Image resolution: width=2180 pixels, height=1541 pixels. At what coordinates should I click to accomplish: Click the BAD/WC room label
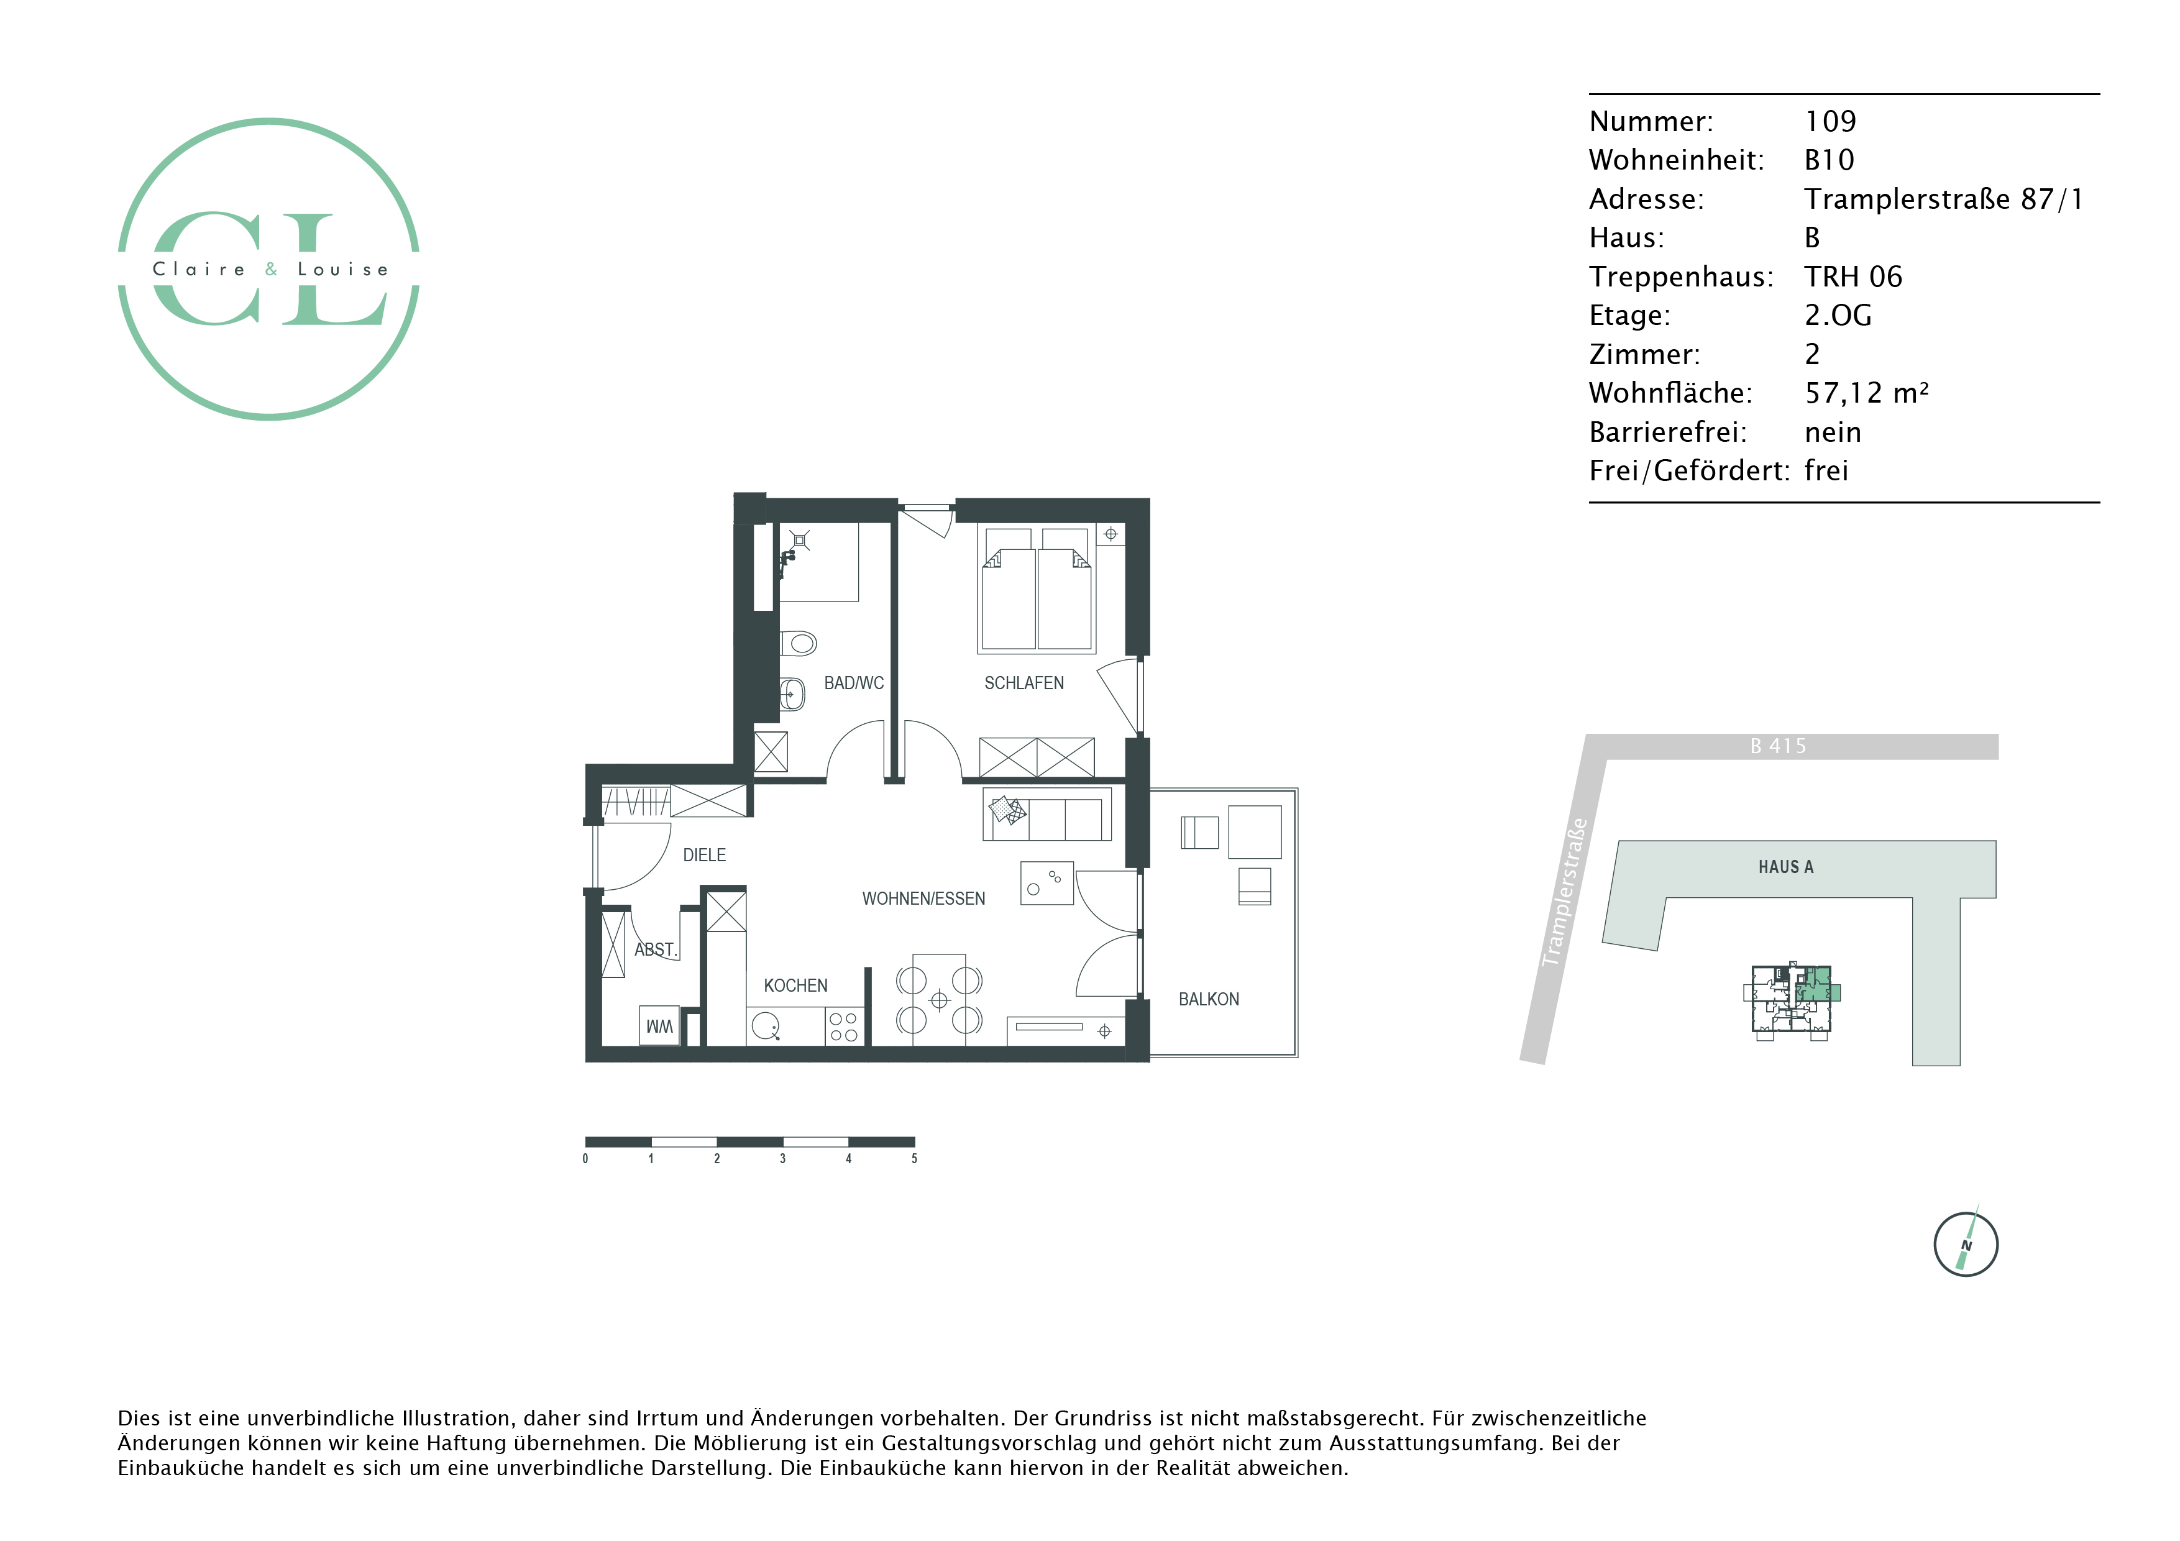854,683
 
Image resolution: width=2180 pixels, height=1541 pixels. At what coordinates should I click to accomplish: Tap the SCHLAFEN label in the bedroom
1024,683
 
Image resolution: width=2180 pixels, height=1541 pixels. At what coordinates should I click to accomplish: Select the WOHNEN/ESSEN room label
923,899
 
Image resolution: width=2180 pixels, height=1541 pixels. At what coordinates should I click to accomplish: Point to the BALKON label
1209,999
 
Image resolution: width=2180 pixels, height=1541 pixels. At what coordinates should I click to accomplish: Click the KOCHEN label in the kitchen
795,985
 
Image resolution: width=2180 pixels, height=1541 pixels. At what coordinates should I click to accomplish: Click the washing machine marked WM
659,1025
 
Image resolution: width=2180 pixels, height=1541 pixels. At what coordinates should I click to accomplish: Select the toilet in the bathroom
799,644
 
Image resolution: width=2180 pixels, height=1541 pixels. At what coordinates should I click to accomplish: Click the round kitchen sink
764,1025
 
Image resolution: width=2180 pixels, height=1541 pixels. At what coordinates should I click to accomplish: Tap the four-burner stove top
843,1027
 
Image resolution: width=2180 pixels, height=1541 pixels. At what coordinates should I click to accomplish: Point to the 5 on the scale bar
914,1158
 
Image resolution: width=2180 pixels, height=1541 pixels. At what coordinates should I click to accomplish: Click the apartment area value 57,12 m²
1867,393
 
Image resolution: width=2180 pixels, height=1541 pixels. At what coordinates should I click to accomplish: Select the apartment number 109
1831,122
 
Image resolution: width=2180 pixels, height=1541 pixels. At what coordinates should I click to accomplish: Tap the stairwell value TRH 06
1853,277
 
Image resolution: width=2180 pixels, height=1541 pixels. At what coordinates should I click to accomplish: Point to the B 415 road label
1779,746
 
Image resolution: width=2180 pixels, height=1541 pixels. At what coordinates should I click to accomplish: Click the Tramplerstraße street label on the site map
1564,892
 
